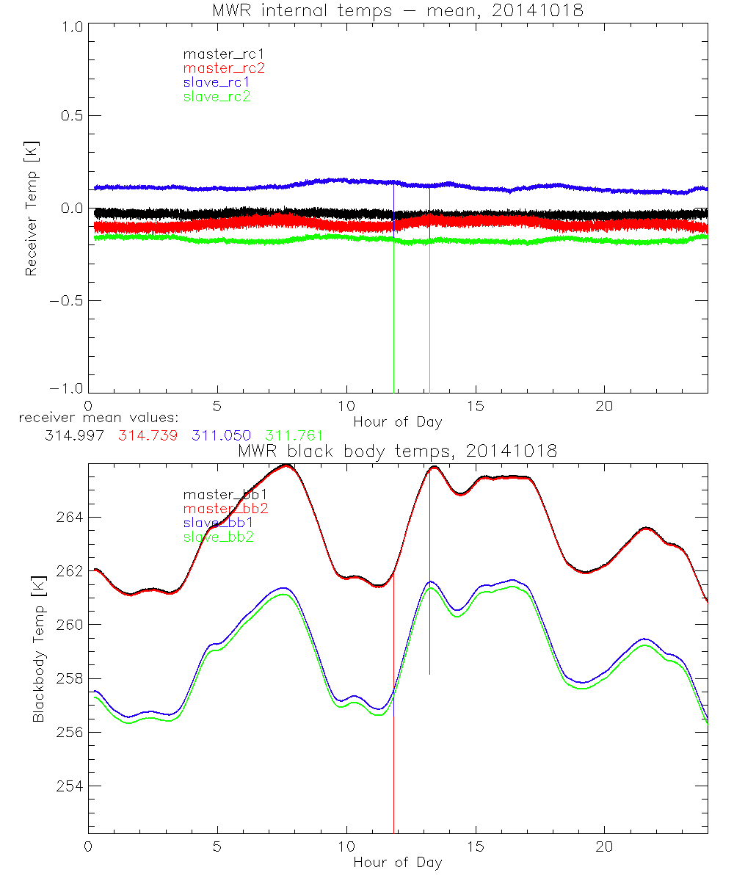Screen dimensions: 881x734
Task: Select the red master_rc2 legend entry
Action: (x=224, y=68)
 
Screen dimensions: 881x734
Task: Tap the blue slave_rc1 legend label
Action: (x=217, y=82)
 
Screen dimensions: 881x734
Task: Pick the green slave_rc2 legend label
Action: (x=217, y=96)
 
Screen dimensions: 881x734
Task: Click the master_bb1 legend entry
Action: (x=223, y=495)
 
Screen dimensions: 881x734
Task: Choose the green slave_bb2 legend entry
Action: (x=219, y=537)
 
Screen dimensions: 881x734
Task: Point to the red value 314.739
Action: (x=147, y=435)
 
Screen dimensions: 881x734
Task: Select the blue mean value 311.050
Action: (x=221, y=435)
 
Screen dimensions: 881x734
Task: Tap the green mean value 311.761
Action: (x=294, y=435)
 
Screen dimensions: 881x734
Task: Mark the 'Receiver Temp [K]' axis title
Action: (x=31, y=210)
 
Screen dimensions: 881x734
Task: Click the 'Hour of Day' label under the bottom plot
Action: (x=398, y=863)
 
